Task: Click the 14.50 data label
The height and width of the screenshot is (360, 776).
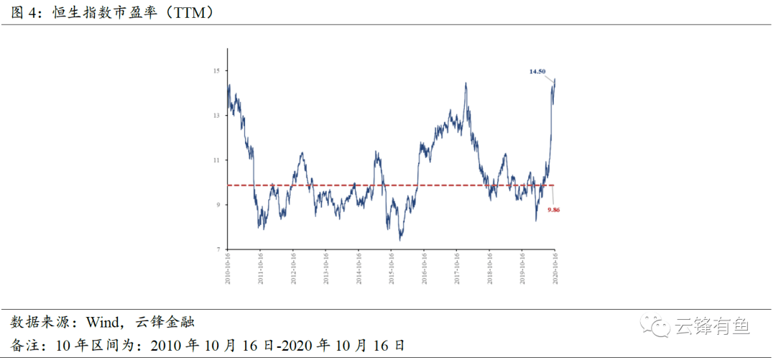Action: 537,72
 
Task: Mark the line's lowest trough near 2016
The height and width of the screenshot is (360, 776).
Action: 400,239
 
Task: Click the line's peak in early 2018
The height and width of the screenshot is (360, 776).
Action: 466,83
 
